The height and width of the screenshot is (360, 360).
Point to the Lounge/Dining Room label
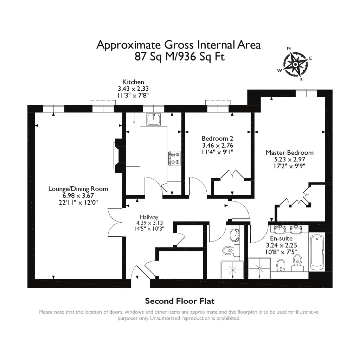click(78, 189)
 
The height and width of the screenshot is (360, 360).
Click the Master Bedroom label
click(289, 153)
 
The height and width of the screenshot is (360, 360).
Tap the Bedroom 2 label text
click(217, 139)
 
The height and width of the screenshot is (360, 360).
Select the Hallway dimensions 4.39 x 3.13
click(149, 223)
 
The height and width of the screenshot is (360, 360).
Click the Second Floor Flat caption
click(180, 301)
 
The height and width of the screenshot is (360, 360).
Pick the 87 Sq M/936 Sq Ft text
click(179, 57)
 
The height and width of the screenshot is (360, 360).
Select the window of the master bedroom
click(306, 93)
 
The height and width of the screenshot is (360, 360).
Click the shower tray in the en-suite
click(260, 268)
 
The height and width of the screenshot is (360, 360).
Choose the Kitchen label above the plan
click(133, 82)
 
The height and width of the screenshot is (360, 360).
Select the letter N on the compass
click(289, 49)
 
